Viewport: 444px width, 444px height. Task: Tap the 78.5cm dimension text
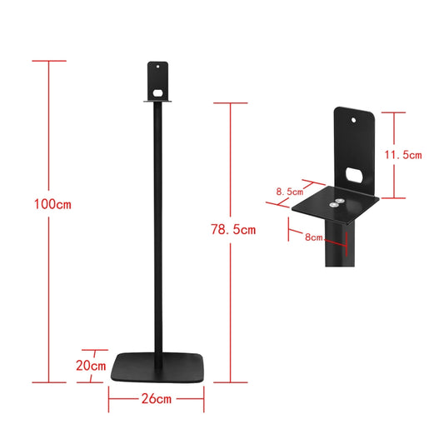pos(233,229)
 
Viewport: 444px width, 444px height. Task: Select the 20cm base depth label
pos(92,365)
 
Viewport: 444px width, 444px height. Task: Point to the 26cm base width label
pos(157,399)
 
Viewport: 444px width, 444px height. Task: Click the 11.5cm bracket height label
pos(402,154)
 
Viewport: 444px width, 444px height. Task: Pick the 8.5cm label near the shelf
pos(290,192)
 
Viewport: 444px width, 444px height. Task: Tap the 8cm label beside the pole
pos(314,237)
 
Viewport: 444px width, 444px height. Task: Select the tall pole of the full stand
pos(157,233)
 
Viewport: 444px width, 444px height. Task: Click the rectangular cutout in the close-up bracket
pos(353,176)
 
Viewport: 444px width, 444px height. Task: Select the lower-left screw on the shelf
pos(332,204)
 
